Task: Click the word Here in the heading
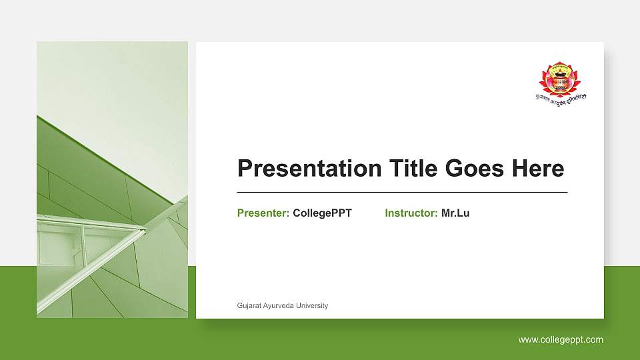coord(538,169)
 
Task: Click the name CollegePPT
coord(322,213)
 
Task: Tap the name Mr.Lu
coord(455,213)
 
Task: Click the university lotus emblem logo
coord(559,77)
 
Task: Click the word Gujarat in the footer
coord(249,306)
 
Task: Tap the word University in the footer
coord(313,306)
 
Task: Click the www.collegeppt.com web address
coord(561,340)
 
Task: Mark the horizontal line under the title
coord(402,192)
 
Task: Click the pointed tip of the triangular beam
coord(145,229)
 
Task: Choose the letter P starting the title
coord(245,169)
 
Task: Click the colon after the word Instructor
coord(437,214)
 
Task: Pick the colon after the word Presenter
coord(288,214)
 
